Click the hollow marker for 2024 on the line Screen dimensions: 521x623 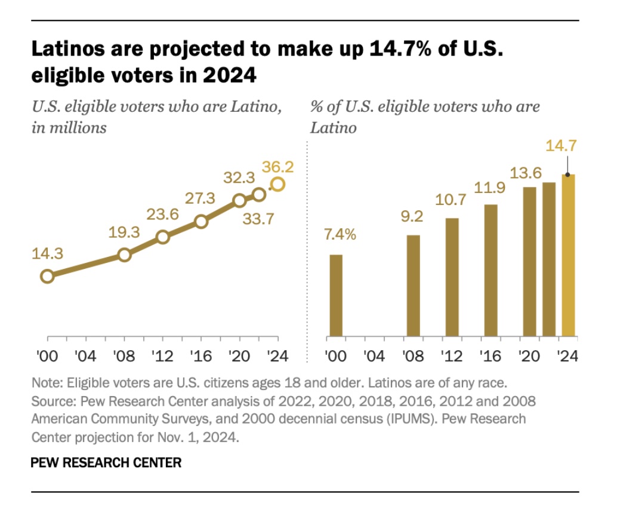point(277,185)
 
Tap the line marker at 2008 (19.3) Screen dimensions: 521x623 point(124,255)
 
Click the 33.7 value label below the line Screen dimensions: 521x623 point(259,219)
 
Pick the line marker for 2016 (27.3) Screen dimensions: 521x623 point(201,222)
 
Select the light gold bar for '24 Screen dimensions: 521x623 point(569,255)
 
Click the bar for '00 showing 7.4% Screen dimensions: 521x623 point(336,295)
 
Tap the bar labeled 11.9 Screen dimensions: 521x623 point(491,270)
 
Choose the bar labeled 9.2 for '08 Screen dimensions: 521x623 point(414,286)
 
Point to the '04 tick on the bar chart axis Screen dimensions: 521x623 point(374,357)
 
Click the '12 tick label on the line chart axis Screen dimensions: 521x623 point(162,357)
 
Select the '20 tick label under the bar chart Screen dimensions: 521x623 point(529,357)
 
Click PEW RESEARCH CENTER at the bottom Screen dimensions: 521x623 point(106,462)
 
